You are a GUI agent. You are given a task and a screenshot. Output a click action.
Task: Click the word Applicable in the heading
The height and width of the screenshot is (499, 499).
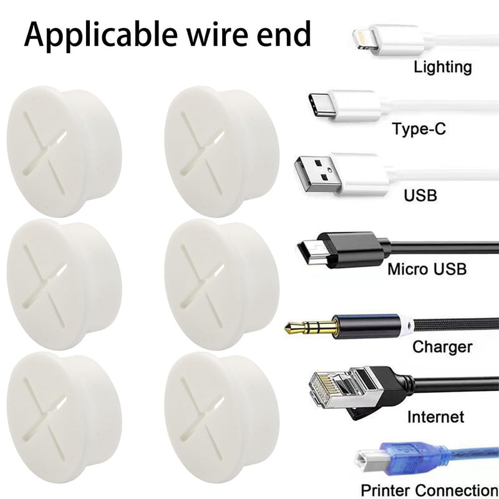point(100,36)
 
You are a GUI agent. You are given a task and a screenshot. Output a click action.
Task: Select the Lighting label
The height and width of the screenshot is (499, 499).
point(443,68)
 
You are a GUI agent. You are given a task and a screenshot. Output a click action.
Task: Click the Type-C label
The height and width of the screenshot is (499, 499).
point(419,129)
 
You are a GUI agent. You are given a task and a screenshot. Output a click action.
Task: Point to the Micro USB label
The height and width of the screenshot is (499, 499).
point(427,269)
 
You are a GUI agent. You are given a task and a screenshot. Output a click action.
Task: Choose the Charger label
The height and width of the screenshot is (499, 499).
point(442,347)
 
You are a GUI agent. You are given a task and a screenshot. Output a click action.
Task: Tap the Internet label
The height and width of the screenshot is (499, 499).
point(435,417)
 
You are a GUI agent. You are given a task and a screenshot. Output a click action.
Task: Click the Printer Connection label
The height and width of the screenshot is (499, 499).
point(429,490)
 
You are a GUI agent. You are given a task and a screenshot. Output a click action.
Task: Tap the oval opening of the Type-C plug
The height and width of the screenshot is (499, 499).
point(318,105)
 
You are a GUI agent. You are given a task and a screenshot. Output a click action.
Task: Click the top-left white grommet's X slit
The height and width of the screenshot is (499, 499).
point(45,152)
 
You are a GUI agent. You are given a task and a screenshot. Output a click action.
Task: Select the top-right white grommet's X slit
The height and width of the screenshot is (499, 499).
point(202,152)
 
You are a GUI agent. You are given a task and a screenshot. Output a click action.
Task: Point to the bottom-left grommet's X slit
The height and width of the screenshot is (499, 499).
point(45,417)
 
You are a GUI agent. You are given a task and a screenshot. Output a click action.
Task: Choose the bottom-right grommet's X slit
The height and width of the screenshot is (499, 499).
point(202,417)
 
